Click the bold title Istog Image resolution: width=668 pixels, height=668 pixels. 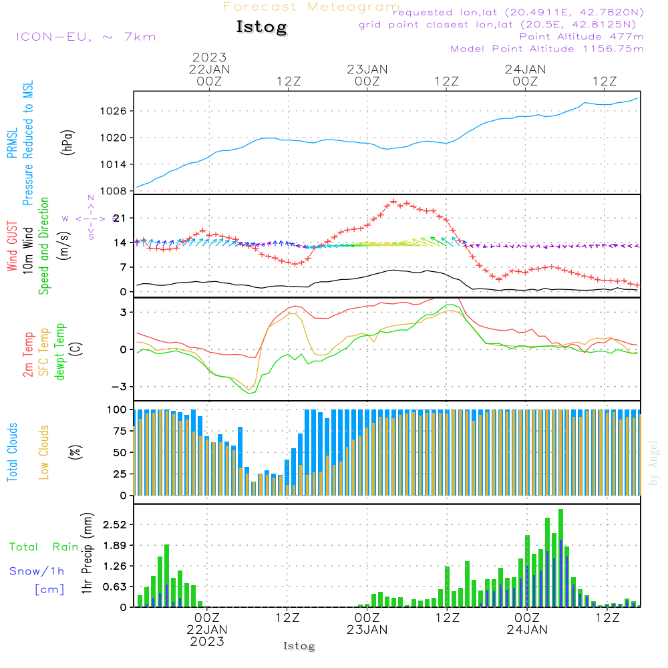261,27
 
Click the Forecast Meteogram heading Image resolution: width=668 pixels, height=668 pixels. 311,7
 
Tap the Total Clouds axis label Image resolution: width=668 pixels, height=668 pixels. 12,452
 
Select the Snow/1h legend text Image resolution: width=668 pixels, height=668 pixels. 37,571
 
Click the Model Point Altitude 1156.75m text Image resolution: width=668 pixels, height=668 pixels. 547,49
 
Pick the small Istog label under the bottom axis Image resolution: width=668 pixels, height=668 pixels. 299,646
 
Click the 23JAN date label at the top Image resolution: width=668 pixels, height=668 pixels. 367,69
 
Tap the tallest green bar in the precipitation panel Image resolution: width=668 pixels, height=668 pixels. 560,558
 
